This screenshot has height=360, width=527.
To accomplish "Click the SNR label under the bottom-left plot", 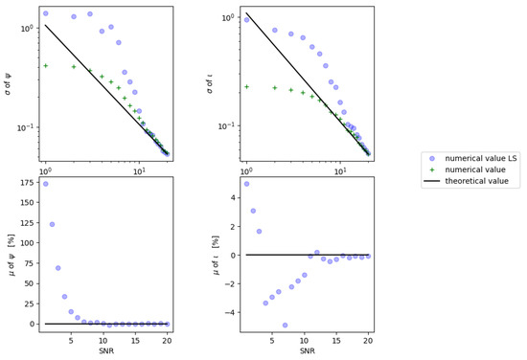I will click(x=106, y=352).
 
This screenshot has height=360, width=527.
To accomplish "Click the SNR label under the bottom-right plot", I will click(x=307, y=352).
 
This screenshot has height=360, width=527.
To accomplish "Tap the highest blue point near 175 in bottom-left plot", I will click(x=46, y=184).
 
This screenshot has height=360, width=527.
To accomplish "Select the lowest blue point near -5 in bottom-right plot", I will click(x=285, y=326).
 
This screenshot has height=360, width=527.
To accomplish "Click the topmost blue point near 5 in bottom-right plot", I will click(x=246, y=184).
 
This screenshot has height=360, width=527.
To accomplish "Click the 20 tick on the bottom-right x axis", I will click(x=368, y=340).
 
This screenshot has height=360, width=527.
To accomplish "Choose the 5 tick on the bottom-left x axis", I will click(x=71, y=340).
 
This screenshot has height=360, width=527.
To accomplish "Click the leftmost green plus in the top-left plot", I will click(x=46, y=66).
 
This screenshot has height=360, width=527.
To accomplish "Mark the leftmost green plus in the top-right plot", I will click(x=246, y=86).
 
